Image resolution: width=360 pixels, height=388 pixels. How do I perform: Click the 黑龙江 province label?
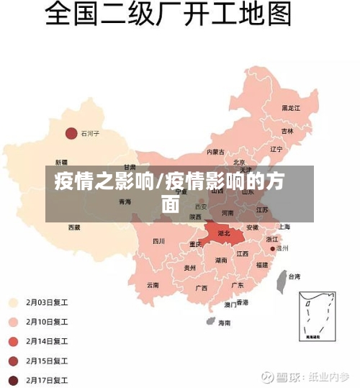click(x=291, y=108)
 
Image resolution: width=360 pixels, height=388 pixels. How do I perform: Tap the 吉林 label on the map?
click(x=287, y=132)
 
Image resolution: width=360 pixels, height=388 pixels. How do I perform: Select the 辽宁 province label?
click(x=276, y=149)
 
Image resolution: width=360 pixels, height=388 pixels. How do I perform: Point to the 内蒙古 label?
click(x=215, y=152)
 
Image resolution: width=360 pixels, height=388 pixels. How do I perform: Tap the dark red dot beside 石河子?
click(x=71, y=133)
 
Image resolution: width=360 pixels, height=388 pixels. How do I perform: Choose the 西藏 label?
click(x=75, y=227)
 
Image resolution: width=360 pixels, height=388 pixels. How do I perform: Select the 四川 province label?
click(x=159, y=241)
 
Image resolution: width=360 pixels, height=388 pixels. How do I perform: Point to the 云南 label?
click(x=153, y=284)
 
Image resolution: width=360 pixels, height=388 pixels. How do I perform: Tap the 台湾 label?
click(x=294, y=276)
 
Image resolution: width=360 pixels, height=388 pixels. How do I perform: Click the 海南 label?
click(x=225, y=322)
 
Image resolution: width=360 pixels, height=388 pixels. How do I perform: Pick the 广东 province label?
click(x=237, y=285)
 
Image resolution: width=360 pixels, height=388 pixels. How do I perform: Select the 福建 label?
click(x=261, y=264)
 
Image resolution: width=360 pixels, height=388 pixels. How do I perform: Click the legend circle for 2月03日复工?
click(x=14, y=302)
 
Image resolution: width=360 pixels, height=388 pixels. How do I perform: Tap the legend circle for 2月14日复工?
click(x=14, y=341)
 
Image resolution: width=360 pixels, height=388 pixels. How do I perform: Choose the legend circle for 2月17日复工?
click(x=14, y=380)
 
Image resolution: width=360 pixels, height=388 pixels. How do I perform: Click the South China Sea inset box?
click(x=317, y=316)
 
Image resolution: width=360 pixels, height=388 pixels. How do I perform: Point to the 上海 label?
click(x=284, y=227)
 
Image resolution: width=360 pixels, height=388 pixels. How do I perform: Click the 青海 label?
click(x=125, y=202)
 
